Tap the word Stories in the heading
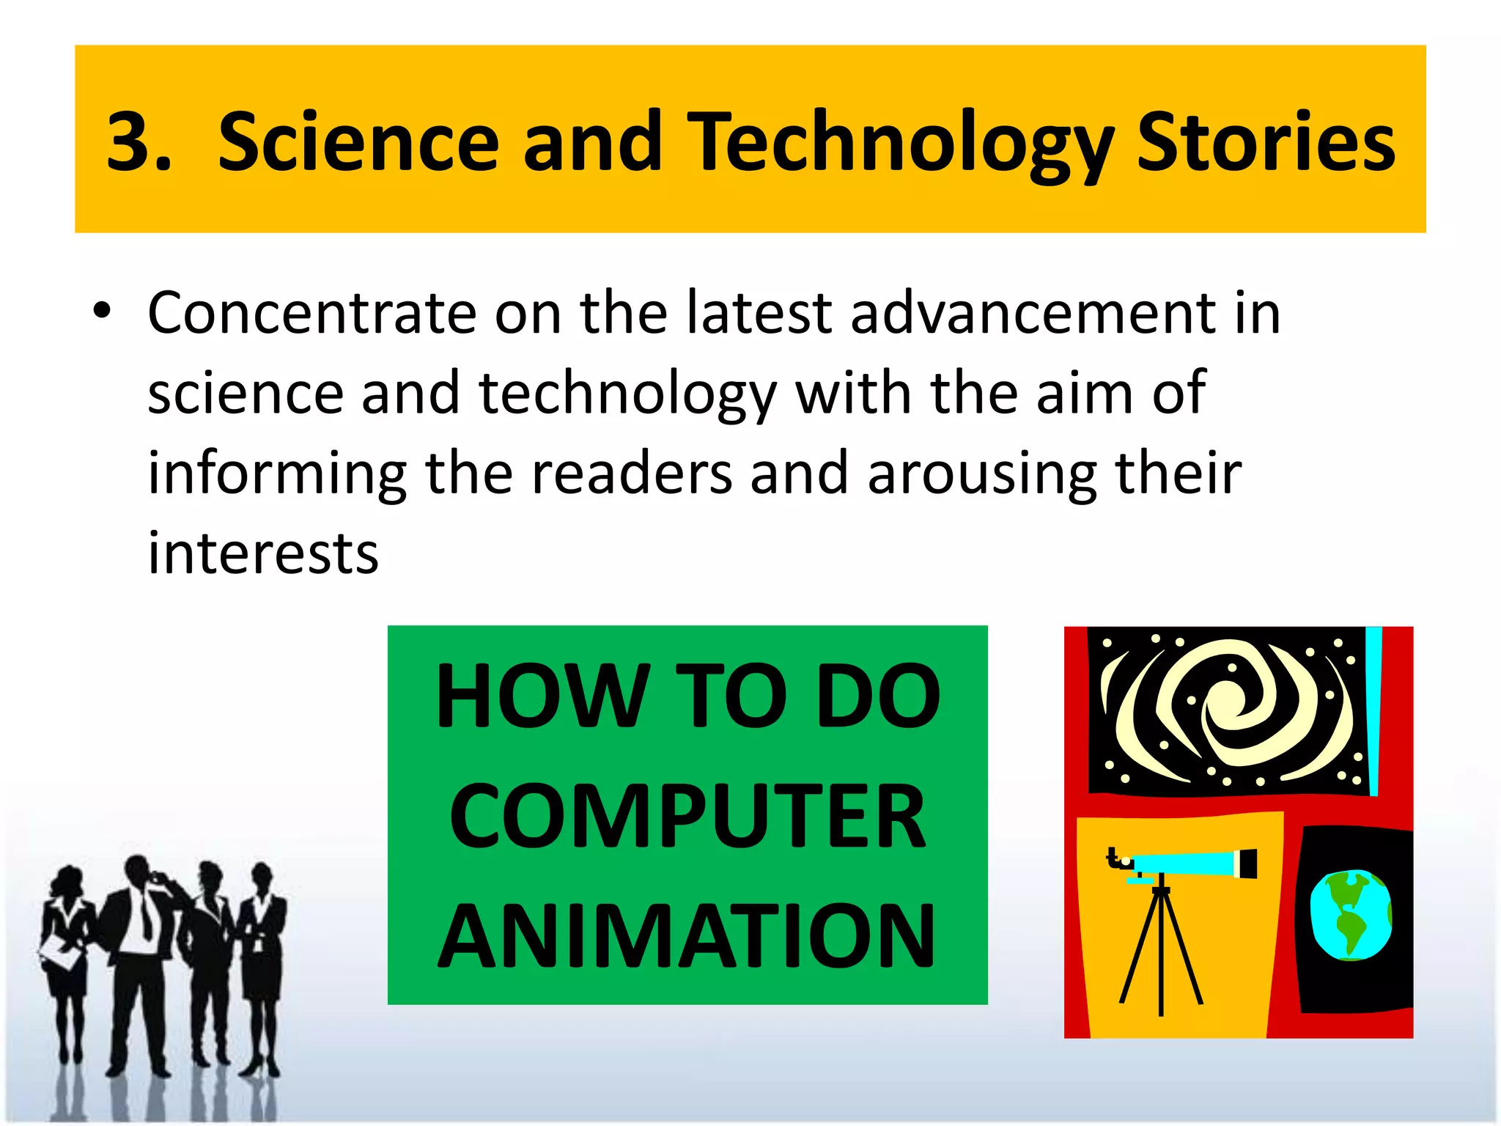click(1266, 142)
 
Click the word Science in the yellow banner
click(358, 142)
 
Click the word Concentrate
click(311, 314)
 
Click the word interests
click(263, 553)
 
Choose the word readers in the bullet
click(631, 473)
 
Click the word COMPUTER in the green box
click(687, 815)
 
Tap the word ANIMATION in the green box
click(687, 936)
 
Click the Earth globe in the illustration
click(1350, 915)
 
